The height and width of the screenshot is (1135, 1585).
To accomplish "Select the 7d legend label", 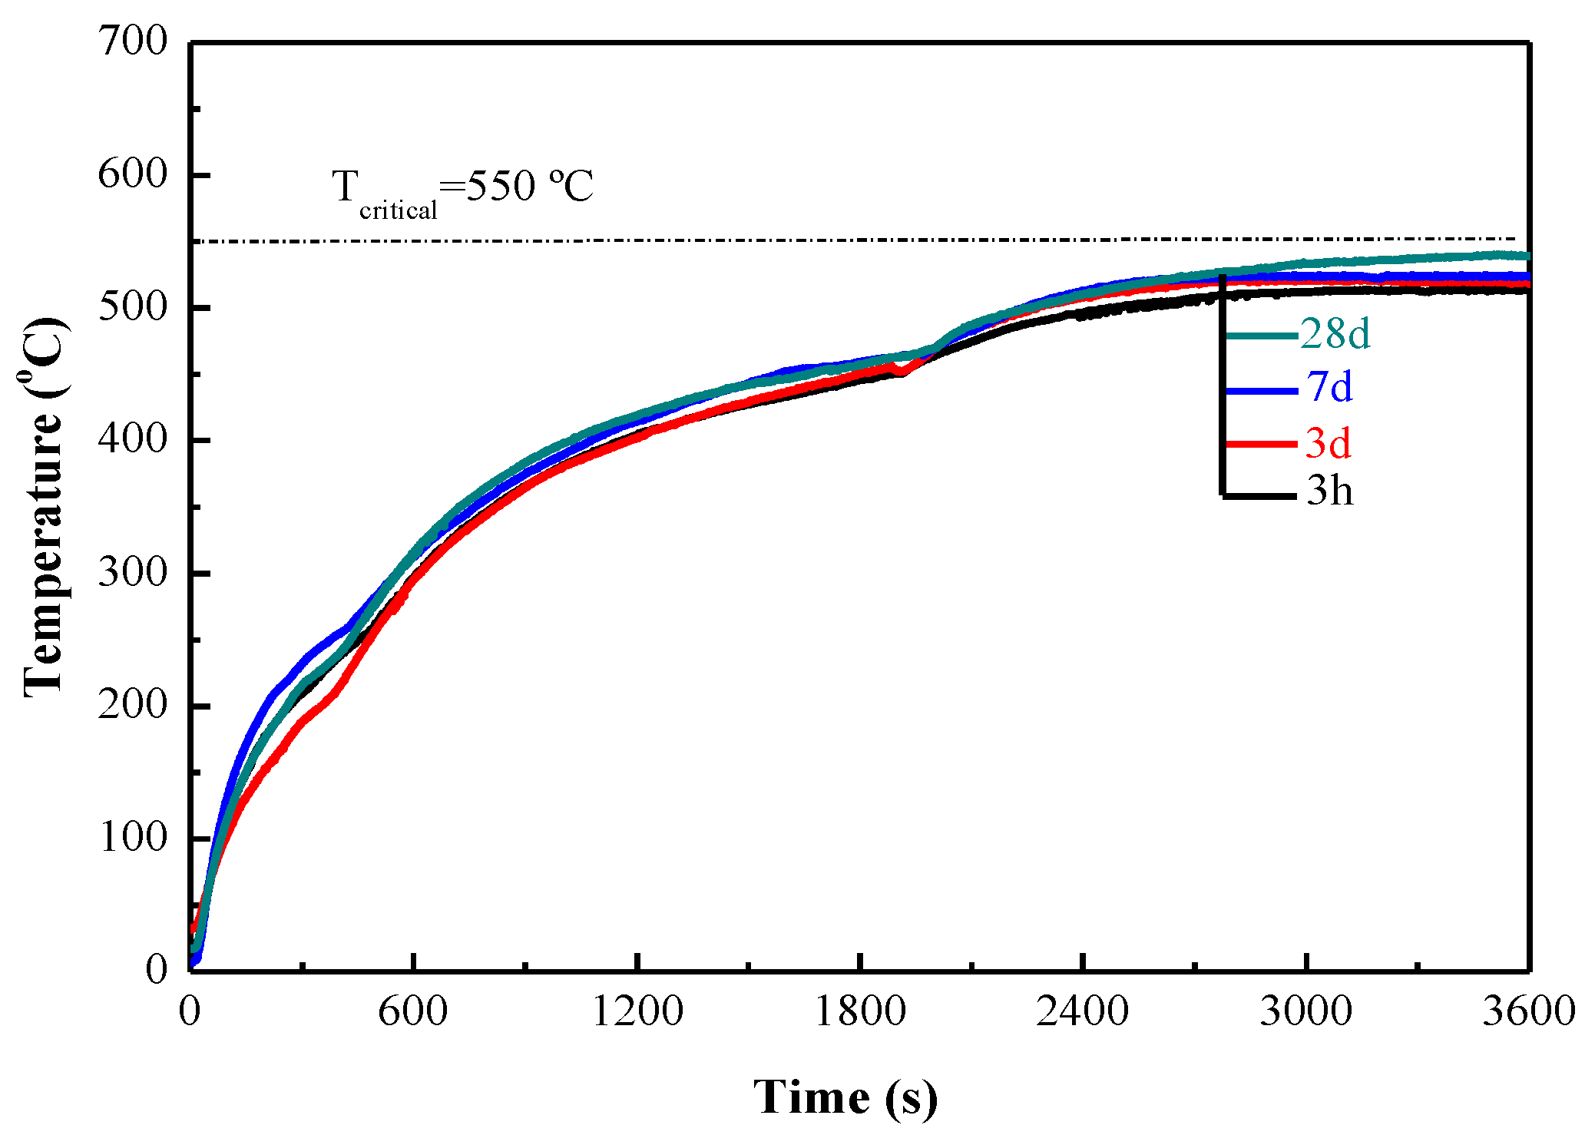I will pos(1329,387).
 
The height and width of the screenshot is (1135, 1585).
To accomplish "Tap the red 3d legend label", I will pos(1329,443).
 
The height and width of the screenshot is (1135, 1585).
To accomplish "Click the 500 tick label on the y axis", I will pos(132,307).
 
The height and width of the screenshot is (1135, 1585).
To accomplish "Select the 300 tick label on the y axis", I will pos(132,572).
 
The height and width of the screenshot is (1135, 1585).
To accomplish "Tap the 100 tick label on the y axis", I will pos(132,837).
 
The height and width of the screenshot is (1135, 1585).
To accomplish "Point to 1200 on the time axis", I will pos(637,1011).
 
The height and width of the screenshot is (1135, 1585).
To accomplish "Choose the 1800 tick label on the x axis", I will pos(860,1011).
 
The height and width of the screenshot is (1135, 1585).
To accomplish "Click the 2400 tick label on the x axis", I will pos(1082,1011).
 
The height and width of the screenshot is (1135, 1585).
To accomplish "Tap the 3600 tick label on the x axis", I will pos(1528,1011).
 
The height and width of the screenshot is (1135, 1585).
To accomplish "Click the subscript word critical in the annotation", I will pos(398,210).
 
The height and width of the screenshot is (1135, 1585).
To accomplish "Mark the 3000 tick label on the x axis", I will pos(1305,1011).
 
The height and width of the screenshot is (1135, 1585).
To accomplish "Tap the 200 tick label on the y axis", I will pos(132,705).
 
